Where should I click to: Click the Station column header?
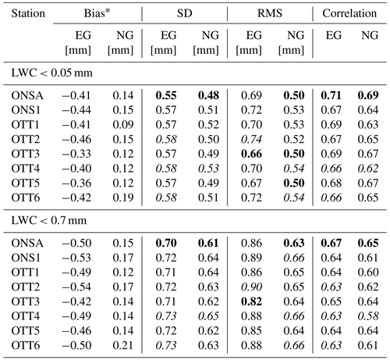pyautogui.click(x=28, y=13)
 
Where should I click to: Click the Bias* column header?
pyautogui.click(x=97, y=13)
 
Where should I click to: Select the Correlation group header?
pyautogui.click(x=349, y=13)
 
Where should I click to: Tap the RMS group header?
pyautogui.click(x=270, y=13)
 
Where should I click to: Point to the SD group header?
pyautogui.click(x=184, y=13)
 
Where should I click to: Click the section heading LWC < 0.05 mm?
pyautogui.click(x=51, y=73)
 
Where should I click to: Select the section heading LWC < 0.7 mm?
pyautogui.click(x=49, y=221)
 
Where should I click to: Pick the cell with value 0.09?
pyautogui.click(x=123, y=125)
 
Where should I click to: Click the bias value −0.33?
pyautogui.click(x=76, y=154)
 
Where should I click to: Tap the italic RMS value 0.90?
pyautogui.click(x=251, y=287)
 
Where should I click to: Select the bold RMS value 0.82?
pyautogui.click(x=251, y=301)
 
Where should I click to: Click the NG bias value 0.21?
pyautogui.click(x=123, y=345)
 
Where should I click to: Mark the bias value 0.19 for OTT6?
pyautogui.click(x=123, y=198)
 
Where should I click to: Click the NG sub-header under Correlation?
pyautogui.click(x=370, y=35)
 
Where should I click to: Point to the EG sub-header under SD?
pyautogui.click(x=168, y=35)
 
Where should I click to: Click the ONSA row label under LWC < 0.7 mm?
pyautogui.click(x=27, y=244)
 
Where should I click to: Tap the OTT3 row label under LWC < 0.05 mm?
pyautogui.click(x=26, y=154)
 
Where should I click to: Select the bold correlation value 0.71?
pyautogui.click(x=331, y=95)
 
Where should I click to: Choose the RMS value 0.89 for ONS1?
pyautogui.click(x=251, y=258)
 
